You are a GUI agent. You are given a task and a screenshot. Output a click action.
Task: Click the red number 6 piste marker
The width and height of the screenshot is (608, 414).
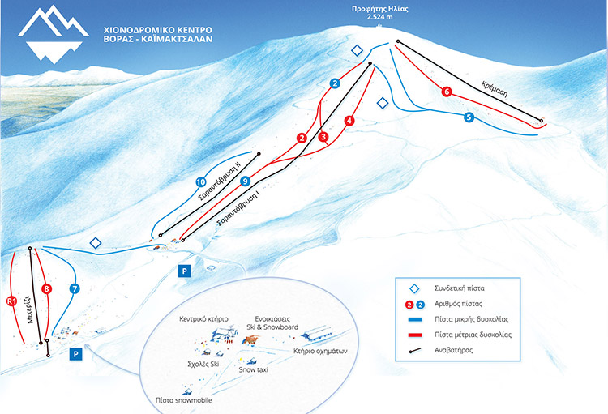pos(447,92)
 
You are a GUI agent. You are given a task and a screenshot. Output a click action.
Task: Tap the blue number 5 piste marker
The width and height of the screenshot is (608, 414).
pos(469,117)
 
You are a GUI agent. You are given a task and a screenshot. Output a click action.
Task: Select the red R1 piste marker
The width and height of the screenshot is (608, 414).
pos(11,301)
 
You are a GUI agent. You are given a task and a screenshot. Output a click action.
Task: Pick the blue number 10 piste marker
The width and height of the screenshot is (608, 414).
pos(200,181)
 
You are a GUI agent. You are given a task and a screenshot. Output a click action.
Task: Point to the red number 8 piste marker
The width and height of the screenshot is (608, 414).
pos(46,288)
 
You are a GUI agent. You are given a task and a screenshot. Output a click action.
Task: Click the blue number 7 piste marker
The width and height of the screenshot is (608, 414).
pos(75,288)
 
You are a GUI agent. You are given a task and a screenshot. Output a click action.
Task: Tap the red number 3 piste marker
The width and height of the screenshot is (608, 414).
pos(323,136)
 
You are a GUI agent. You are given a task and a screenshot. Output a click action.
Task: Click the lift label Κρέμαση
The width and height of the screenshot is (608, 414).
pos(495,89)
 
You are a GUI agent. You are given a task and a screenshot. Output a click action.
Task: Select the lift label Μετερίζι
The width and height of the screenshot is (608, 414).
pos(29,309)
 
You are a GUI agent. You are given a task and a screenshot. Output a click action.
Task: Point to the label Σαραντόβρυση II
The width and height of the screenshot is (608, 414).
pos(219,181)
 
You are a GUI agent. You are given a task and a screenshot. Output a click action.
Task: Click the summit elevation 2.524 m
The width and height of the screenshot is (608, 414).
pos(379,17)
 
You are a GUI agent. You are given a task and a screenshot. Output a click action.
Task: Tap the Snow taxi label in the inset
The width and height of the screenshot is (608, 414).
pos(253,369)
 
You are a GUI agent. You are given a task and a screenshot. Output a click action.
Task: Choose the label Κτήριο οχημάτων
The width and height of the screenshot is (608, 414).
pos(320,351)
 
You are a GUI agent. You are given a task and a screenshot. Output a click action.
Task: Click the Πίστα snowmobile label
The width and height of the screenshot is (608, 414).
pos(184,400)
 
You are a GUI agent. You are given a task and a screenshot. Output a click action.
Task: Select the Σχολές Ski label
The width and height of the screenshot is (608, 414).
pos(203,364)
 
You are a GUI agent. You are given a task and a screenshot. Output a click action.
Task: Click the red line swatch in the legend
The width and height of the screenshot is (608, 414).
pos(415,335)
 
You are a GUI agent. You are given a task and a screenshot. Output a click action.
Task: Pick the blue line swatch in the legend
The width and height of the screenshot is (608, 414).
pos(415,319)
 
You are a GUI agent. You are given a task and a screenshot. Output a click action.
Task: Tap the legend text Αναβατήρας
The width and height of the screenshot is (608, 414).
pos(453,351)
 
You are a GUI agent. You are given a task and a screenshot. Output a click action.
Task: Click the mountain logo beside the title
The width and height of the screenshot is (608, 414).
pos(54,34)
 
